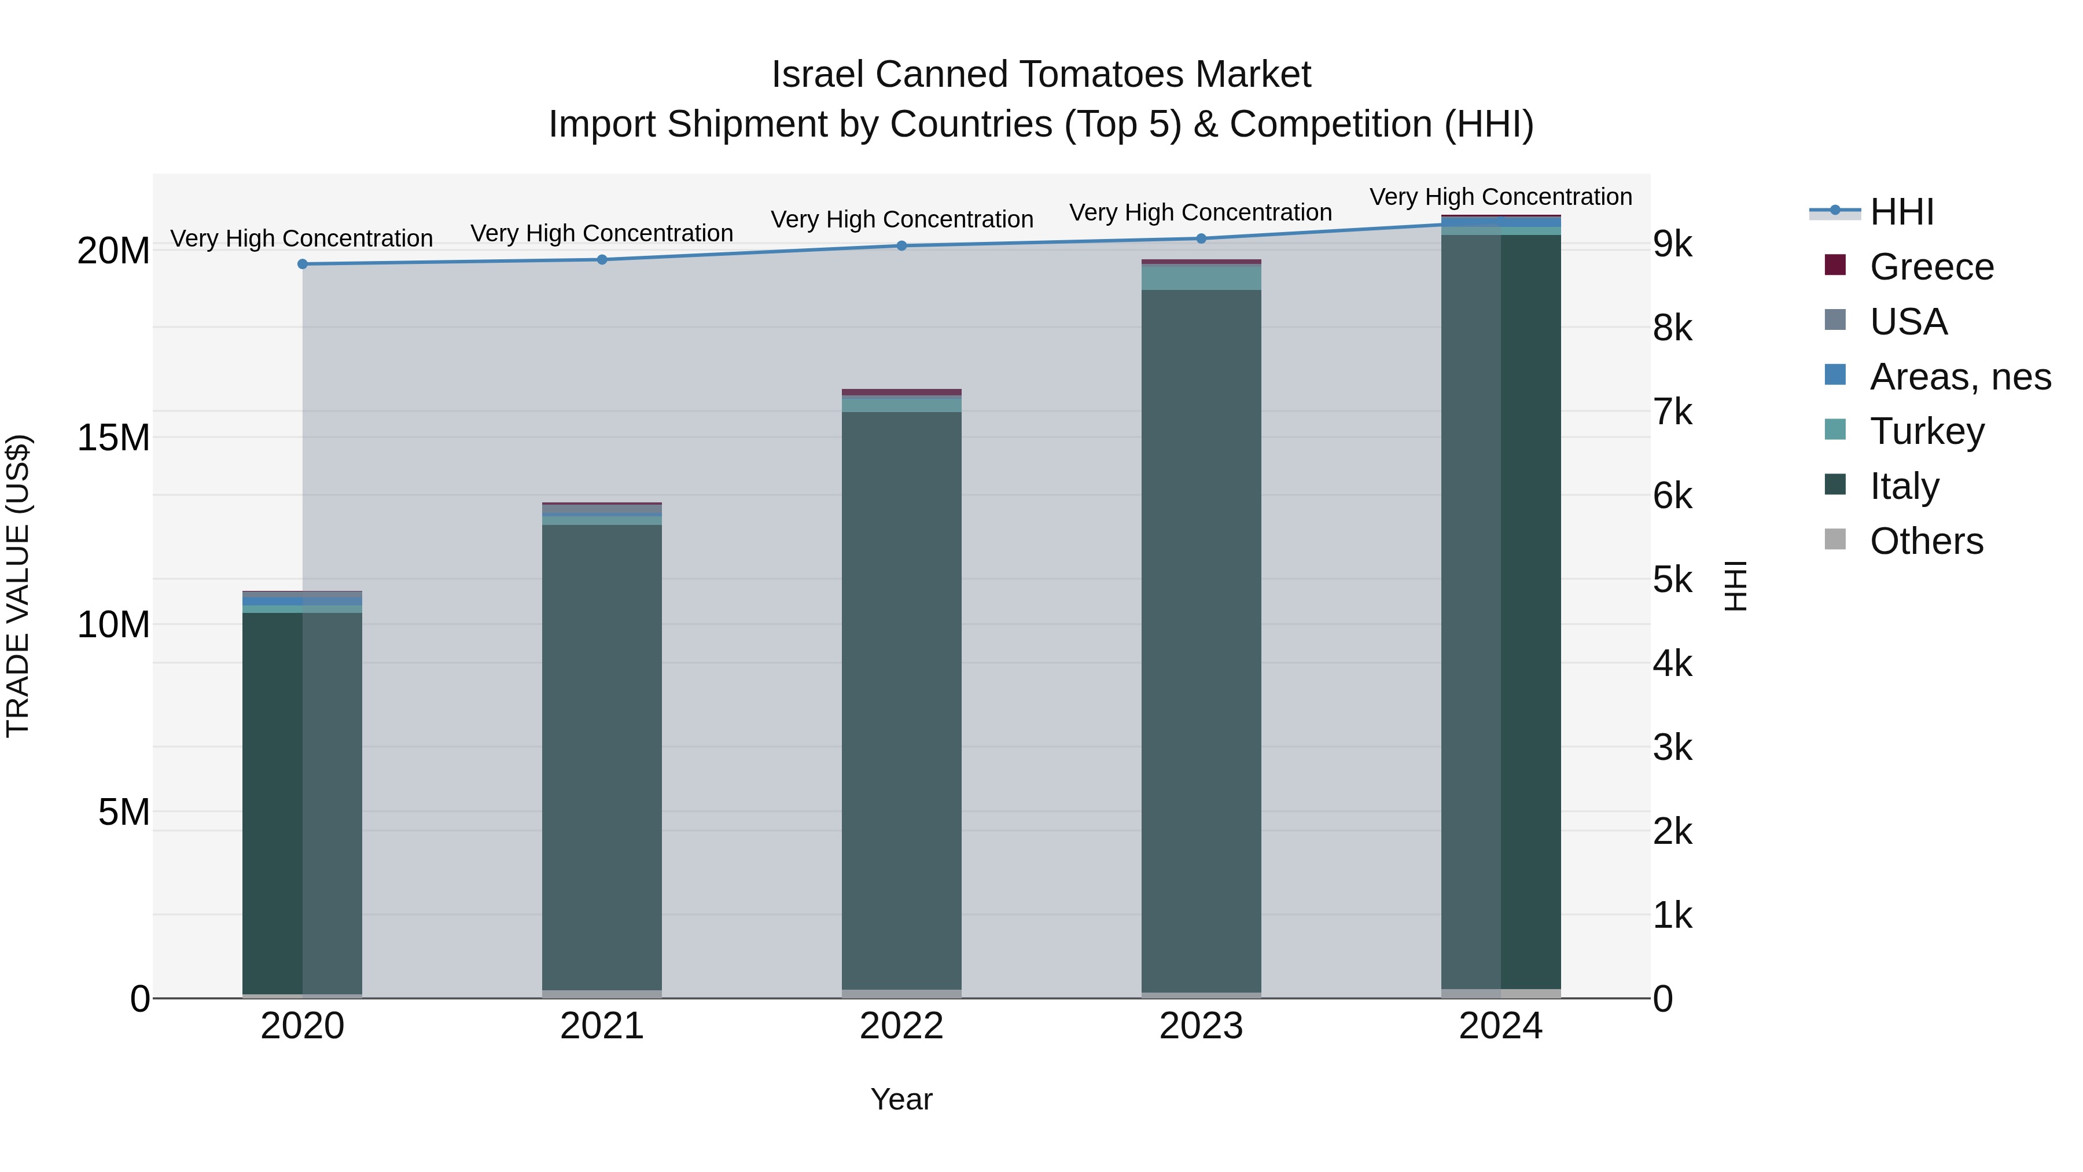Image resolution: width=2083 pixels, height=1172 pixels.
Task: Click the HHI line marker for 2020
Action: (303, 264)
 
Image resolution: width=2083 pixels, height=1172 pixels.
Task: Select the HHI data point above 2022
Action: (901, 246)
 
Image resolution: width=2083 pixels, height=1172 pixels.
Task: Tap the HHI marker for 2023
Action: (1201, 238)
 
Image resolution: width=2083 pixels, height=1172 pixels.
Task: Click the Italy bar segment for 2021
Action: (602, 756)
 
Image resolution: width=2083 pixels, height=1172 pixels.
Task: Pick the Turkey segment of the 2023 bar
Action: (1201, 277)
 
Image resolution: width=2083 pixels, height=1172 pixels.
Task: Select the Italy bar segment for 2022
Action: (901, 700)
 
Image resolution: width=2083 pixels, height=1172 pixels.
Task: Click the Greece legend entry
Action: (1931, 267)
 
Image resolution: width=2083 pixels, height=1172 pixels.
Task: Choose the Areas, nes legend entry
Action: (1959, 377)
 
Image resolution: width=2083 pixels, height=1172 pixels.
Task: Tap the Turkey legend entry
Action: (1926, 431)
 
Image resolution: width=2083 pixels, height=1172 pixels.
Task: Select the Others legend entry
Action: (1926, 541)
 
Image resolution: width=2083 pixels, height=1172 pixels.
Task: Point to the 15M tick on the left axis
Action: (113, 438)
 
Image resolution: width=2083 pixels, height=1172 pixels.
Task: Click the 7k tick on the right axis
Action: (1672, 413)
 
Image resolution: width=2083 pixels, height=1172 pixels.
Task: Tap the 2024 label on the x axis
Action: (1500, 1026)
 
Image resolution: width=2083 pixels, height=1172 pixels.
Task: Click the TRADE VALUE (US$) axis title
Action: (18, 586)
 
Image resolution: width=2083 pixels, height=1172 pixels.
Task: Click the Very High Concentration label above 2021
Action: (602, 233)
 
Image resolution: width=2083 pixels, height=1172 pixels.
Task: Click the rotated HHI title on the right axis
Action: (1735, 586)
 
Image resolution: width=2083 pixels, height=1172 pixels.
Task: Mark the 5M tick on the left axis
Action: (124, 812)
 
